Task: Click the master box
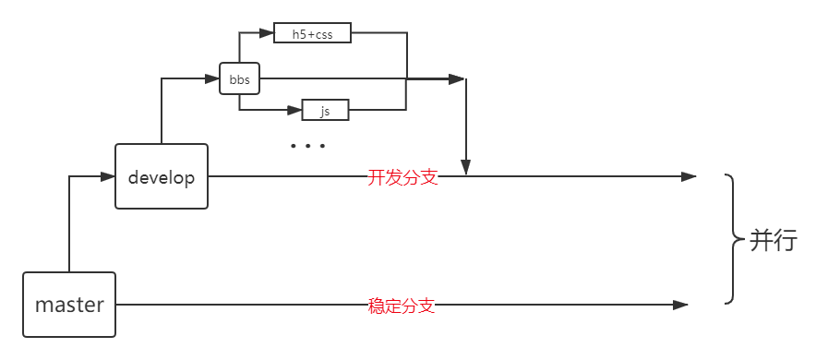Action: [x=69, y=304]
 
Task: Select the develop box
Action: [x=162, y=177]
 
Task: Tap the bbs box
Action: [x=239, y=80]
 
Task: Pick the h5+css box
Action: [x=313, y=34]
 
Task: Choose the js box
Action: [x=325, y=111]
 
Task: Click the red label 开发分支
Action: [x=402, y=177]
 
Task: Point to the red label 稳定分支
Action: [x=402, y=305]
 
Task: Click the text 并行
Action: [x=773, y=241]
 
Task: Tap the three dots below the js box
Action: [x=307, y=146]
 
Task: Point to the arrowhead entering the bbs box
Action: [x=213, y=80]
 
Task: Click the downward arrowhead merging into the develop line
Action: [x=466, y=168]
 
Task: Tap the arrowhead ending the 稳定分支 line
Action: [x=682, y=305]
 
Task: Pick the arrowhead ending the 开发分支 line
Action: [x=690, y=177]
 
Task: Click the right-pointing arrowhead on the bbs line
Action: [x=457, y=80]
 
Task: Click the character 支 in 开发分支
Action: [x=428, y=177]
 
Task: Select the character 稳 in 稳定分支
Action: [x=377, y=305]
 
